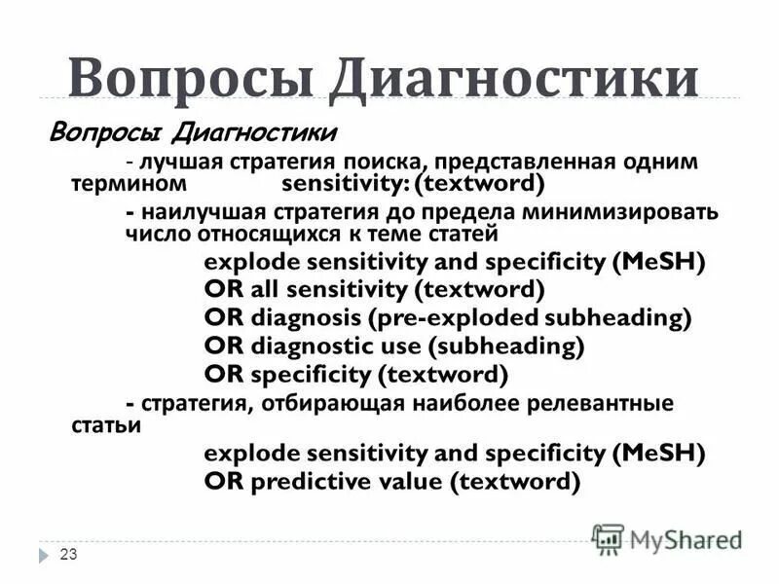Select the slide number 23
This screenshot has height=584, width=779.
(x=68, y=555)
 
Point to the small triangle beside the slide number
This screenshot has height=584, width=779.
(x=44, y=555)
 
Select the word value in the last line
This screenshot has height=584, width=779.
(x=420, y=480)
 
